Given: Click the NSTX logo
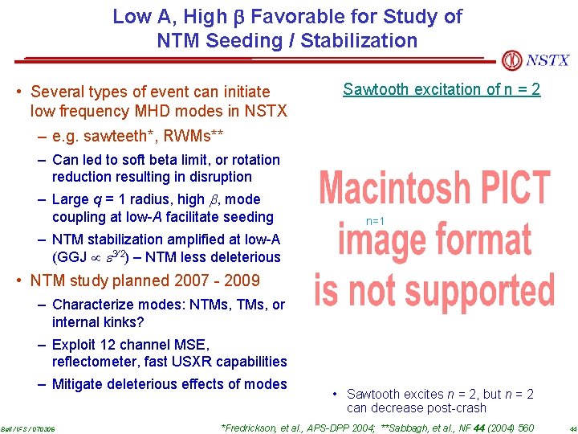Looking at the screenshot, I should (x=535, y=60).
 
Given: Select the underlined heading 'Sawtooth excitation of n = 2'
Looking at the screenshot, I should (x=442, y=89).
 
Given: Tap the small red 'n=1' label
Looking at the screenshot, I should (x=375, y=220).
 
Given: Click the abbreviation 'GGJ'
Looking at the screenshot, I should (x=67, y=257).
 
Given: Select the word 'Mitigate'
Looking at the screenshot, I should (x=78, y=384).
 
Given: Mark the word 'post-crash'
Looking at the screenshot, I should (x=456, y=408).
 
